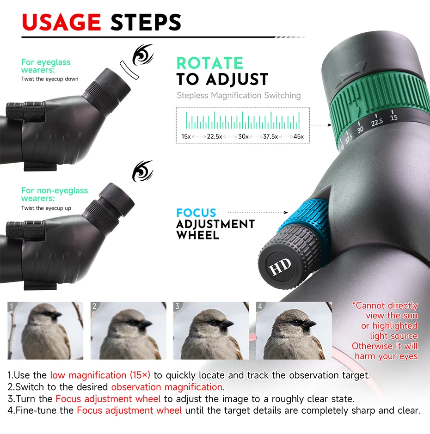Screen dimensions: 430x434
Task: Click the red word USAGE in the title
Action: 61,22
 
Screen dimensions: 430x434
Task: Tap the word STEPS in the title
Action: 146,22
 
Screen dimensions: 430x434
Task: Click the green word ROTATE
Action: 210,63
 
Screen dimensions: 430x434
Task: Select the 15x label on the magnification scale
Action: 186,136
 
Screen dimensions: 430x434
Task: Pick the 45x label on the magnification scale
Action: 299,136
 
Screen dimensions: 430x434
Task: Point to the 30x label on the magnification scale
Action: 243,136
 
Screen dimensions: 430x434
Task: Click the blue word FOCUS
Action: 196,213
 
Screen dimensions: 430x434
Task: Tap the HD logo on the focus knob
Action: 280,266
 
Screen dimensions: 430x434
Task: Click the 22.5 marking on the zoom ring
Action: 377,122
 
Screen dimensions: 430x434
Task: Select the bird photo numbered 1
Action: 45,330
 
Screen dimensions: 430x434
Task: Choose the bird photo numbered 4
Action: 294,330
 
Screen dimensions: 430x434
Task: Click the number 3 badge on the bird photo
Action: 177,306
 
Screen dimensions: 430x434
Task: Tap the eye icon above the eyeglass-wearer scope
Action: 142,54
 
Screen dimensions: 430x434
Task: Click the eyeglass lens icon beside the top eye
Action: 129,70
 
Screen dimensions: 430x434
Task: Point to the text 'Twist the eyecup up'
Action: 46,208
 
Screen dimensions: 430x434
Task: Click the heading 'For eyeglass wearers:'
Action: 46,66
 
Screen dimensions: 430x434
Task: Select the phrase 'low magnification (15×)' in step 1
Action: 100,375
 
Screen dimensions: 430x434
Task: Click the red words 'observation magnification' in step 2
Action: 167,387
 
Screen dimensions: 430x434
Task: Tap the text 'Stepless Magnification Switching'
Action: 239,96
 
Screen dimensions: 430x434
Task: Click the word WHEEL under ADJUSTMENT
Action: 198,236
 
